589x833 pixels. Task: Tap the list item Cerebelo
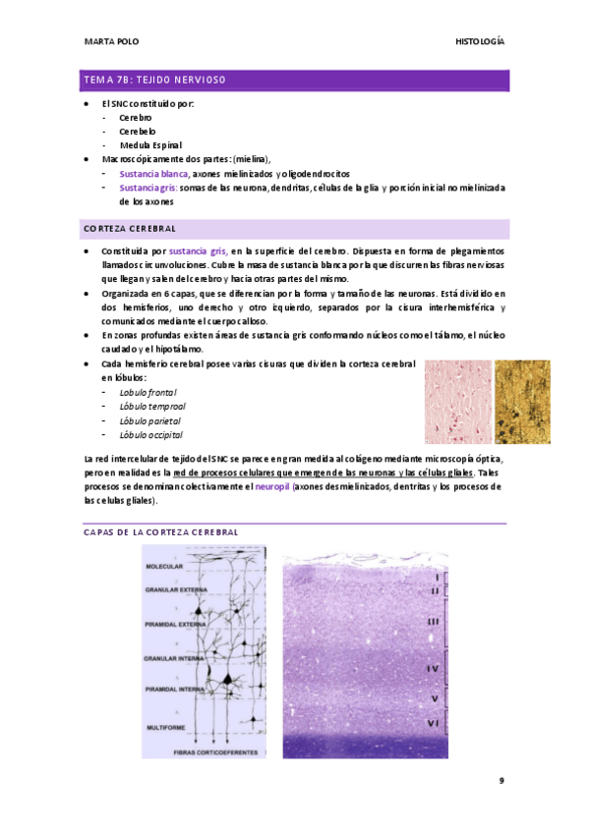click(137, 131)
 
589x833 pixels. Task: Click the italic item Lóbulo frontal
click(148, 392)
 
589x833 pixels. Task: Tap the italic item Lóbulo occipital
click(150, 434)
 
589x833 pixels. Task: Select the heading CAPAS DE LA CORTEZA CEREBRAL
click(161, 531)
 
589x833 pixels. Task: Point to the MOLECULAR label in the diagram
click(164, 567)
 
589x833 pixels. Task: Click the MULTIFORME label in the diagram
click(165, 727)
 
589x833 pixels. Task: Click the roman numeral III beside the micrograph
click(433, 622)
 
